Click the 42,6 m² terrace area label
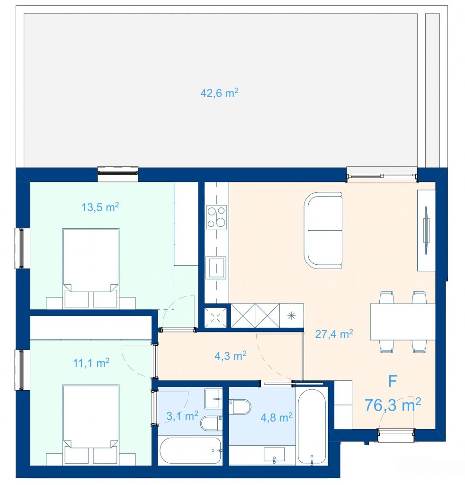220,93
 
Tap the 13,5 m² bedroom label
100,207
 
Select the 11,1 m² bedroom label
91,362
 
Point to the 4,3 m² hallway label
230,356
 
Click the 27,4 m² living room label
334,334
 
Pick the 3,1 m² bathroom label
182,416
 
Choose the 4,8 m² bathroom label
277,417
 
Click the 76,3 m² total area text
393,404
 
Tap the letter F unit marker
393,381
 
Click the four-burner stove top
216,217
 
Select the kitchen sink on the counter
217,268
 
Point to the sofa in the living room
323,231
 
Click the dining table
402,322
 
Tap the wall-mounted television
426,231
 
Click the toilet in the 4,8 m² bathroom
240,407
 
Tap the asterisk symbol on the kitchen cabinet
292,316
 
